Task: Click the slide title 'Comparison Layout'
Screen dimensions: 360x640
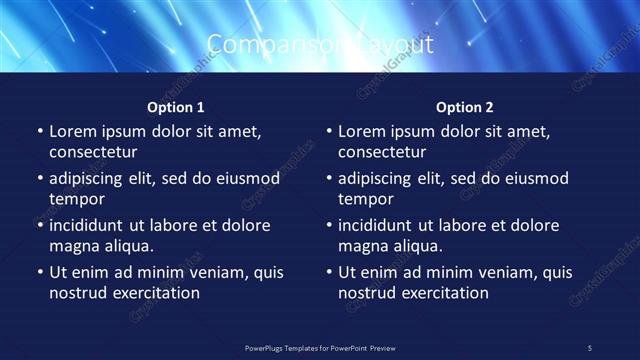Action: click(320, 44)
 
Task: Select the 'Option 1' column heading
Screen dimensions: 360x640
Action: click(176, 107)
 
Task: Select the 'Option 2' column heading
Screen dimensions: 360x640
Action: click(465, 107)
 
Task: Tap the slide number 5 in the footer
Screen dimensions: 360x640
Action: click(590, 347)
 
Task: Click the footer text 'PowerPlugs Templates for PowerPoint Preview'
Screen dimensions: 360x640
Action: click(320, 347)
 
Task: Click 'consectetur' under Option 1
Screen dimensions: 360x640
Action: click(93, 152)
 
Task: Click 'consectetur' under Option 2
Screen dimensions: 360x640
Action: click(382, 152)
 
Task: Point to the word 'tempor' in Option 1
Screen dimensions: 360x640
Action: click(75, 199)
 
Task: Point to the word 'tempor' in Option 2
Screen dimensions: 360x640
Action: click(364, 199)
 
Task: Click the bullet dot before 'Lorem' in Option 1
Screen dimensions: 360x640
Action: click(39, 131)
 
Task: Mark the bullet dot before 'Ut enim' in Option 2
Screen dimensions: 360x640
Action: click(328, 272)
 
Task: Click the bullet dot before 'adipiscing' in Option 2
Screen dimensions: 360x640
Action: click(328, 179)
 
